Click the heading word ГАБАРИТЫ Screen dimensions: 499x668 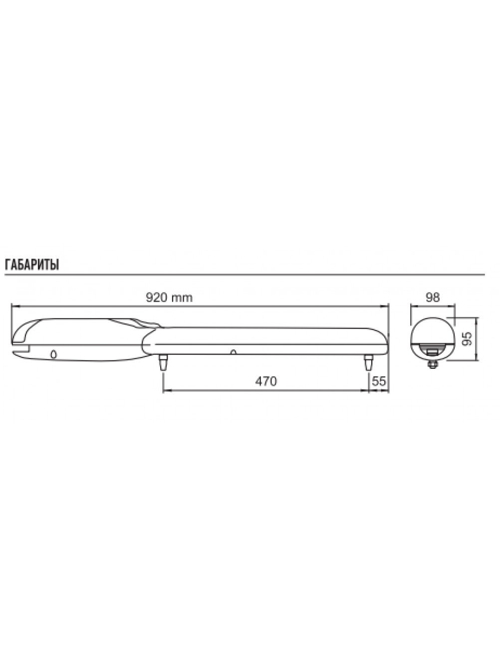click(x=31, y=265)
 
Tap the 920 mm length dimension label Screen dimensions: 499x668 click(x=169, y=297)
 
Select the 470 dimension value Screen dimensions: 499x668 click(x=266, y=381)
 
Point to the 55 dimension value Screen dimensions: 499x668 click(x=379, y=381)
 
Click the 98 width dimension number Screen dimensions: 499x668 click(x=433, y=297)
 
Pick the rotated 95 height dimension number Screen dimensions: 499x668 click(x=467, y=338)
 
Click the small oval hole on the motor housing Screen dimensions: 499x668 click(x=53, y=354)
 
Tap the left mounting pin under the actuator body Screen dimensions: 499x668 click(x=163, y=362)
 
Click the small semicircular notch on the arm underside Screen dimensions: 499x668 click(x=233, y=352)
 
